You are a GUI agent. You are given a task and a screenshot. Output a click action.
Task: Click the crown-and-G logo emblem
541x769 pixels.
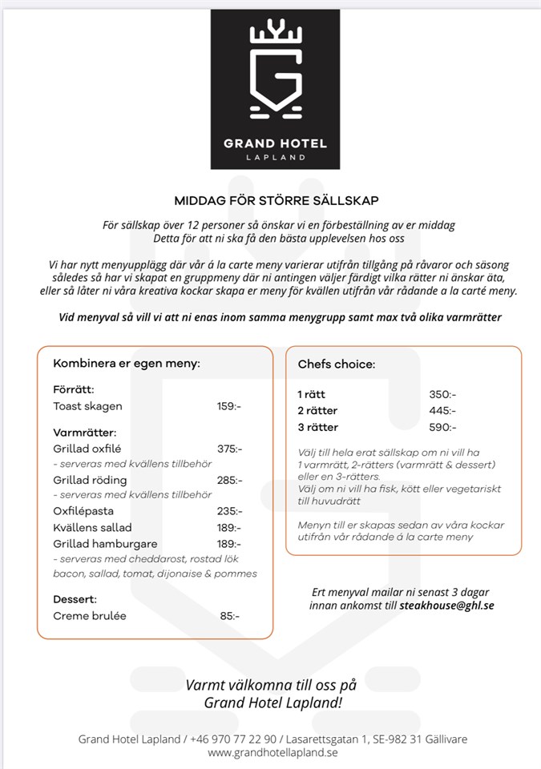pyautogui.click(x=276, y=70)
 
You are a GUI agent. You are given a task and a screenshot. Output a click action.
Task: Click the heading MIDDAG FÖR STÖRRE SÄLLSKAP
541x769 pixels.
pyautogui.click(x=277, y=200)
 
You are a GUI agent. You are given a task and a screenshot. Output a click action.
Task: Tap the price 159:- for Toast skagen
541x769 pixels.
pyautogui.click(x=228, y=406)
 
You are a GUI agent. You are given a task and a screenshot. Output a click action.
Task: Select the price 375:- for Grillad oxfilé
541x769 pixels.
pyautogui.click(x=229, y=449)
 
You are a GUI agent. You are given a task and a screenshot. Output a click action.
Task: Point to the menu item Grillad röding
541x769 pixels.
pyautogui.click(x=90, y=480)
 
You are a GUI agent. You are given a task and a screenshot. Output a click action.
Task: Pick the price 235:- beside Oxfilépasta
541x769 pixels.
pyautogui.click(x=229, y=511)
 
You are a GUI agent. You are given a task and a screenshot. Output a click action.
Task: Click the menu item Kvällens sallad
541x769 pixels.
pyautogui.click(x=92, y=527)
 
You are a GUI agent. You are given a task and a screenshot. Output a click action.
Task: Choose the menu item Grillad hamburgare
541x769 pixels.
pyautogui.click(x=105, y=544)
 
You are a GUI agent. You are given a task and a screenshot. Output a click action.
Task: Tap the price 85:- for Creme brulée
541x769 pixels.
pyautogui.click(x=229, y=616)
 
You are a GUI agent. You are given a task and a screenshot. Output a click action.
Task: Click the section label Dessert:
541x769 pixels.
pyautogui.click(x=75, y=599)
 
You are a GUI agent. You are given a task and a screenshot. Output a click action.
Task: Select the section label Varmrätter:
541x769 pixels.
pyautogui.click(x=84, y=433)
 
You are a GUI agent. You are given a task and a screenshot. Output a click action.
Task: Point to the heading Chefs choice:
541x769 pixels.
pyautogui.click(x=336, y=364)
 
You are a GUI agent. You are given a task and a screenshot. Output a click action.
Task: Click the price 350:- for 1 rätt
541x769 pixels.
pyautogui.click(x=442, y=395)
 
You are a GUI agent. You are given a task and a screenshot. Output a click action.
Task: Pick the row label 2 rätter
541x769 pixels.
pyautogui.click(x=317, y=411)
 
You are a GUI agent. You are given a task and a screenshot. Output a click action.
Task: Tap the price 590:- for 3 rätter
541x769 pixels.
pyautogui.click(x=442, y=427)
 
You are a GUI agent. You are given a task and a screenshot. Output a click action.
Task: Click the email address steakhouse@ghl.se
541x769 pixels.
pyautogui.click(x=446, y=606)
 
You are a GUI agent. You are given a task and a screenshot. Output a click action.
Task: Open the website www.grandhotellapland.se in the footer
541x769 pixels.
pyautogui.click(x=273, y=752)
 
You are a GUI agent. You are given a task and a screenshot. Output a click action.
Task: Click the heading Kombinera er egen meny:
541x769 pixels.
pyautogui.click(x=126, y=364)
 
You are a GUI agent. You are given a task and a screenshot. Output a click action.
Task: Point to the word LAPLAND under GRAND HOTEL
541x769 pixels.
pyautogui.click(x=276, y=157)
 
